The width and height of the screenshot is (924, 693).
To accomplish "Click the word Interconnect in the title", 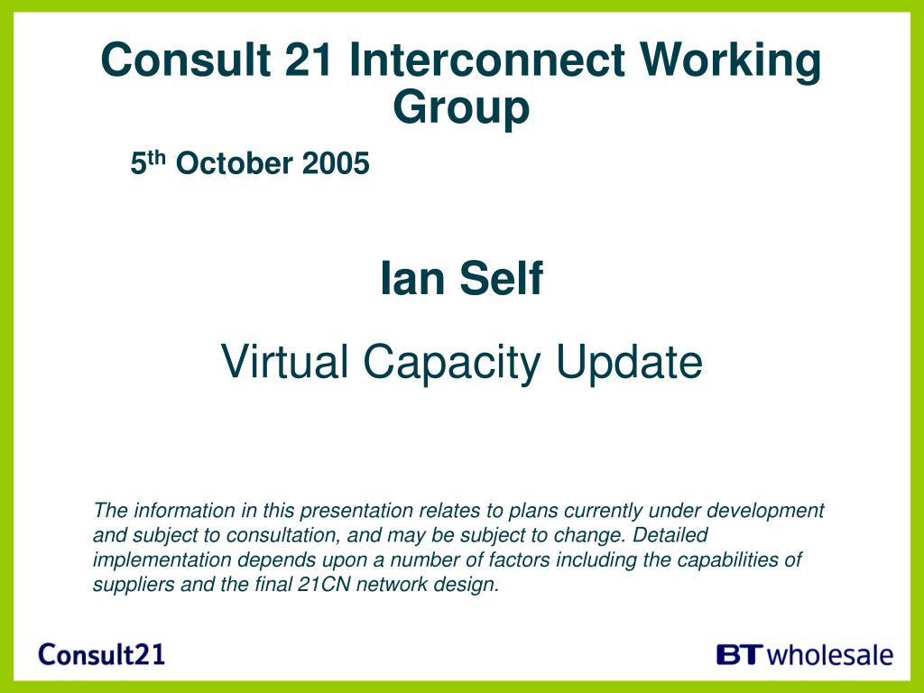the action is click(x=486, y=60).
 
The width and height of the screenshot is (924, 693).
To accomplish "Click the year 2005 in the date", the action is click(x=336, y=163).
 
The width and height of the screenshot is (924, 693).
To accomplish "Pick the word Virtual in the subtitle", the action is click(x=284, y=361).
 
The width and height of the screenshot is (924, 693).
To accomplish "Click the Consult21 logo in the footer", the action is click(x=101, y=655).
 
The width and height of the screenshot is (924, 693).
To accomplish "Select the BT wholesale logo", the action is click(x=805, y=655).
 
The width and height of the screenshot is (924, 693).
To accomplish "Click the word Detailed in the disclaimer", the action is click(x=670, y=535).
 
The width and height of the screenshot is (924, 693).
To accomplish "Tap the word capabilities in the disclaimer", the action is click(x=728, y=559).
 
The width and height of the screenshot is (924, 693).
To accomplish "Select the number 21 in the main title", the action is click(x=309, y=60).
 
